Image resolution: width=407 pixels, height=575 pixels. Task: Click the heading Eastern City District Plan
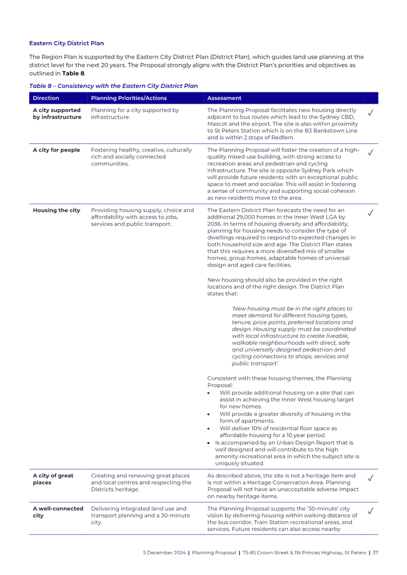(x=66, y=43)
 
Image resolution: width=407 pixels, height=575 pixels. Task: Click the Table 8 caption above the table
(x=113, y=86)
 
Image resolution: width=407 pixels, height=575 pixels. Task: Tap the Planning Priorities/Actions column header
(x=129, y=98)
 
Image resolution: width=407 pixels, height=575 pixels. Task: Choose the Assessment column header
(x=224, y=98)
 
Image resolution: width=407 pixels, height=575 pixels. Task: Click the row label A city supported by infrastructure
(x=57, y=114)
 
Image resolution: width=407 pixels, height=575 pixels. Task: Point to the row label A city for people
(x=56, y=150)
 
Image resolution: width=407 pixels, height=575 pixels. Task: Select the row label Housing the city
(x=56, y=210)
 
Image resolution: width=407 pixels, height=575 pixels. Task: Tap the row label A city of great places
(x=53, y=480)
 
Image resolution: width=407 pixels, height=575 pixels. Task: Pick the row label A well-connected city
(x=58, y=512)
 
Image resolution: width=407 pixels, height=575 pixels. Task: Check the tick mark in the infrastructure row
(x=370, y=113)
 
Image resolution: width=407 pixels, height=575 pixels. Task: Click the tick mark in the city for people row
(x=370, y=152)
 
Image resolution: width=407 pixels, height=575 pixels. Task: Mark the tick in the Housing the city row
(x=370, y=212)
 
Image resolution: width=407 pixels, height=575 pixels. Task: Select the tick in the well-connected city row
(x=370, y=511)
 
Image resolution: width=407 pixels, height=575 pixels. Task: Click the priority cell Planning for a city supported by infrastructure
(x=135, y=114)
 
